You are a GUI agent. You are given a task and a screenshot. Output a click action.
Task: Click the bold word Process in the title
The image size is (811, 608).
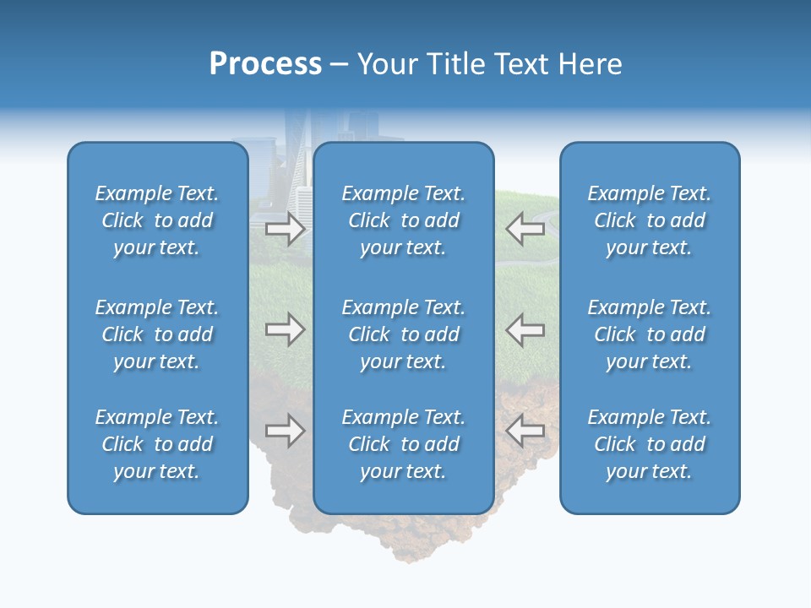265,64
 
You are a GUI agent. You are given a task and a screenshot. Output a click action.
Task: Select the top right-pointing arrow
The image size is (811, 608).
285,229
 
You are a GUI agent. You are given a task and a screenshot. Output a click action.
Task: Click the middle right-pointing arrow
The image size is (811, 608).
285,329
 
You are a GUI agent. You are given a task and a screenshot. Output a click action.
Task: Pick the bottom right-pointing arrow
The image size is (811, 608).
285,431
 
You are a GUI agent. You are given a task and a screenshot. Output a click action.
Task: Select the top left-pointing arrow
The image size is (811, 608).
525,229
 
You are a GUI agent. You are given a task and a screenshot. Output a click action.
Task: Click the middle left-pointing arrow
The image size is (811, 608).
525,329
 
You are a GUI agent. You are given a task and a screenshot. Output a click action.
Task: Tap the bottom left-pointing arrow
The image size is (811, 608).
525,431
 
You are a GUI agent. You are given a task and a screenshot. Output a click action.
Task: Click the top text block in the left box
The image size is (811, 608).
157,220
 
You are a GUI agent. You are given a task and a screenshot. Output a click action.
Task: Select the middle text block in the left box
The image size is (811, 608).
157,334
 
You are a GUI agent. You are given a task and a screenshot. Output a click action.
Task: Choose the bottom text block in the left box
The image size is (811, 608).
157,444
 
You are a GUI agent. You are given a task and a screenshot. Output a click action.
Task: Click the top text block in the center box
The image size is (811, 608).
403,220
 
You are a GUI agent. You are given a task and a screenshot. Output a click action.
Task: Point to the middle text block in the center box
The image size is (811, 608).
403,334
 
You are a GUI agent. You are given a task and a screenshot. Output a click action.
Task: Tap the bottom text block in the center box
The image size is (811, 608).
403,444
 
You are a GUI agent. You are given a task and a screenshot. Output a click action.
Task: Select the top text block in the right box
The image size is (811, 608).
649,220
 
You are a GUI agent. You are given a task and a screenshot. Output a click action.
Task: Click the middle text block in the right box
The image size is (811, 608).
649,334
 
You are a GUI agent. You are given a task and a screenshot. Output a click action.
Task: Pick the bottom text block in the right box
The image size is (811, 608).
649,444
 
